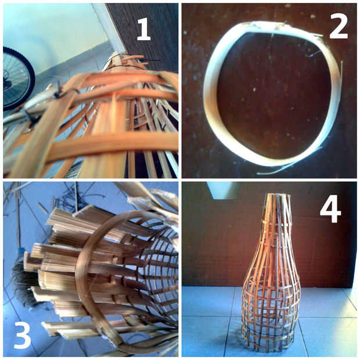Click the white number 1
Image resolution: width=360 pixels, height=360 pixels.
point(144,29)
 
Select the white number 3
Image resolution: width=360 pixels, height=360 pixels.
point(22,336)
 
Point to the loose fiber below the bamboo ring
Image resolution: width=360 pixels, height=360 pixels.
point(275,171)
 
